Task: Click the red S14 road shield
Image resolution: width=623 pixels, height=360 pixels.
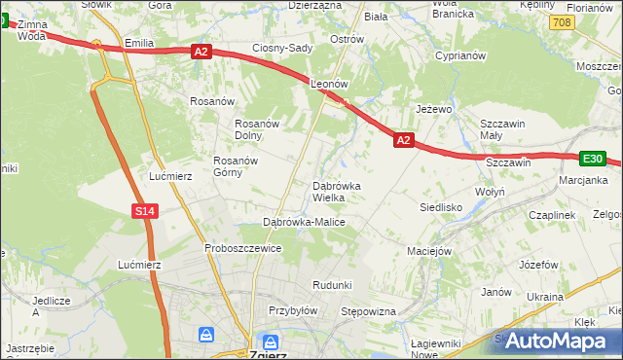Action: [x=144, y=210]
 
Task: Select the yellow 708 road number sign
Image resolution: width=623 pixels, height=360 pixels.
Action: [x=560, y=20]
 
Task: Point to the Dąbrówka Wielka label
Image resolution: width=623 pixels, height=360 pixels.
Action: [x=336, y=192]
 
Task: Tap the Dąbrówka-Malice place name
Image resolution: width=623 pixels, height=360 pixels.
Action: [x=304, y=222]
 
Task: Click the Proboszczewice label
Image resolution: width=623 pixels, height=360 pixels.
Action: [x=242, y=248]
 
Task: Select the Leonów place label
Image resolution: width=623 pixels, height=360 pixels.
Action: [x=329, y=85]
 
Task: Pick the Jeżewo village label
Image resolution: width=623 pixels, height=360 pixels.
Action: [x=434, y=109]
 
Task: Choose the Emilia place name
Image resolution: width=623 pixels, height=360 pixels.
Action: [x=141, y=44]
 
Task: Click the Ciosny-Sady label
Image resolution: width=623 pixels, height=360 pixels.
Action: [x=281, y=48]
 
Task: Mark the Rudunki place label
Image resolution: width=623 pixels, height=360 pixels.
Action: [x=331, y=284]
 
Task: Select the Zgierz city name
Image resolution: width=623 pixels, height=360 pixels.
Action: [x=268, y=354]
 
